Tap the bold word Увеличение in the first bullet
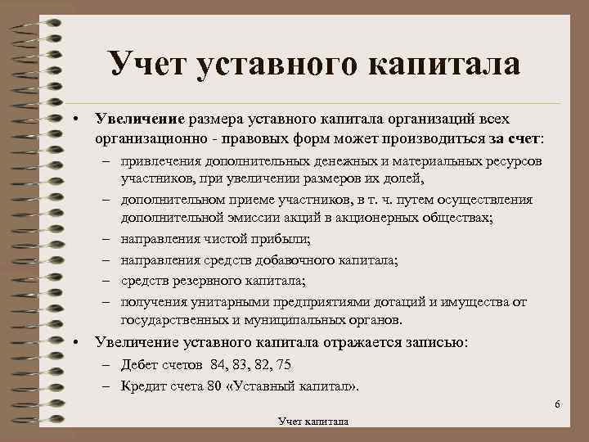[140, 121]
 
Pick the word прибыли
[275, 240]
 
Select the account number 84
[218, 364]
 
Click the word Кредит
[142, 386]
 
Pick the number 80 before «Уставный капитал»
[214, 386]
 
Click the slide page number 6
[557, 406]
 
